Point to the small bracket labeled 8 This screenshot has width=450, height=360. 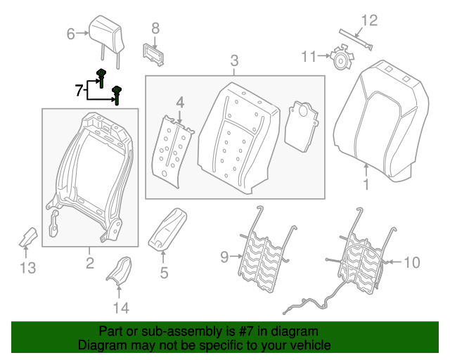(x=154, y=53)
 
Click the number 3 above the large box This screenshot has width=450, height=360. (x=235, y=61)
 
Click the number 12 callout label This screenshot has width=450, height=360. (x=369, y=20)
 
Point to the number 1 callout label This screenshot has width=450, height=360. (x=366, y=186)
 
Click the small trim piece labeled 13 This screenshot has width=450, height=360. (x=28, y=238)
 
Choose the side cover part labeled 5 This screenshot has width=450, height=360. (x=167, y=229)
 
